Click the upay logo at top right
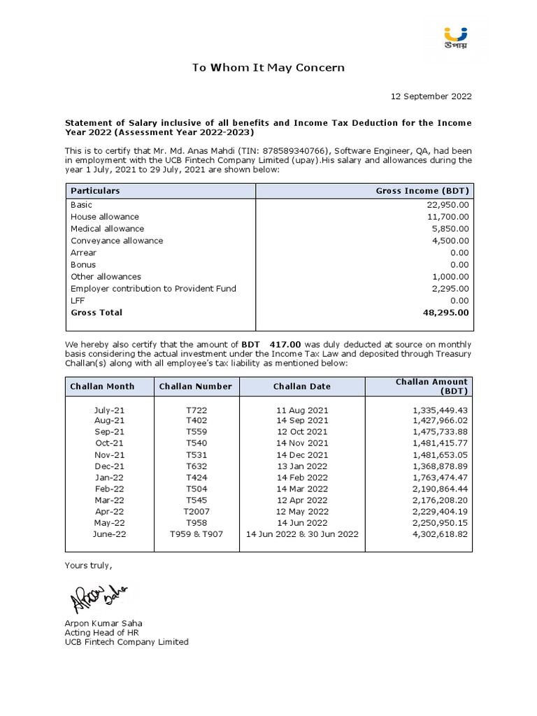pos(456,37)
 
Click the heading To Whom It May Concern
pos(268,68)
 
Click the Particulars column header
pos(95,191)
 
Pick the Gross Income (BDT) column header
pos(422,191)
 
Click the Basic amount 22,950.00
pos(447,205)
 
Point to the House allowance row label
pos(105,217)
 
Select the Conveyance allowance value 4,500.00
pos(450,241)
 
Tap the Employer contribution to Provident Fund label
pos(153,289)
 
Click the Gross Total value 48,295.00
pos(446,313)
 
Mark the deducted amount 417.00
pos(289,345)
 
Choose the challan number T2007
pos(196,511)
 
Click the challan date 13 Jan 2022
pos(301,466)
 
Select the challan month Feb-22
pos(109,489)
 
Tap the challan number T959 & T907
pos(196,534)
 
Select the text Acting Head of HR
pos(101,632)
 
